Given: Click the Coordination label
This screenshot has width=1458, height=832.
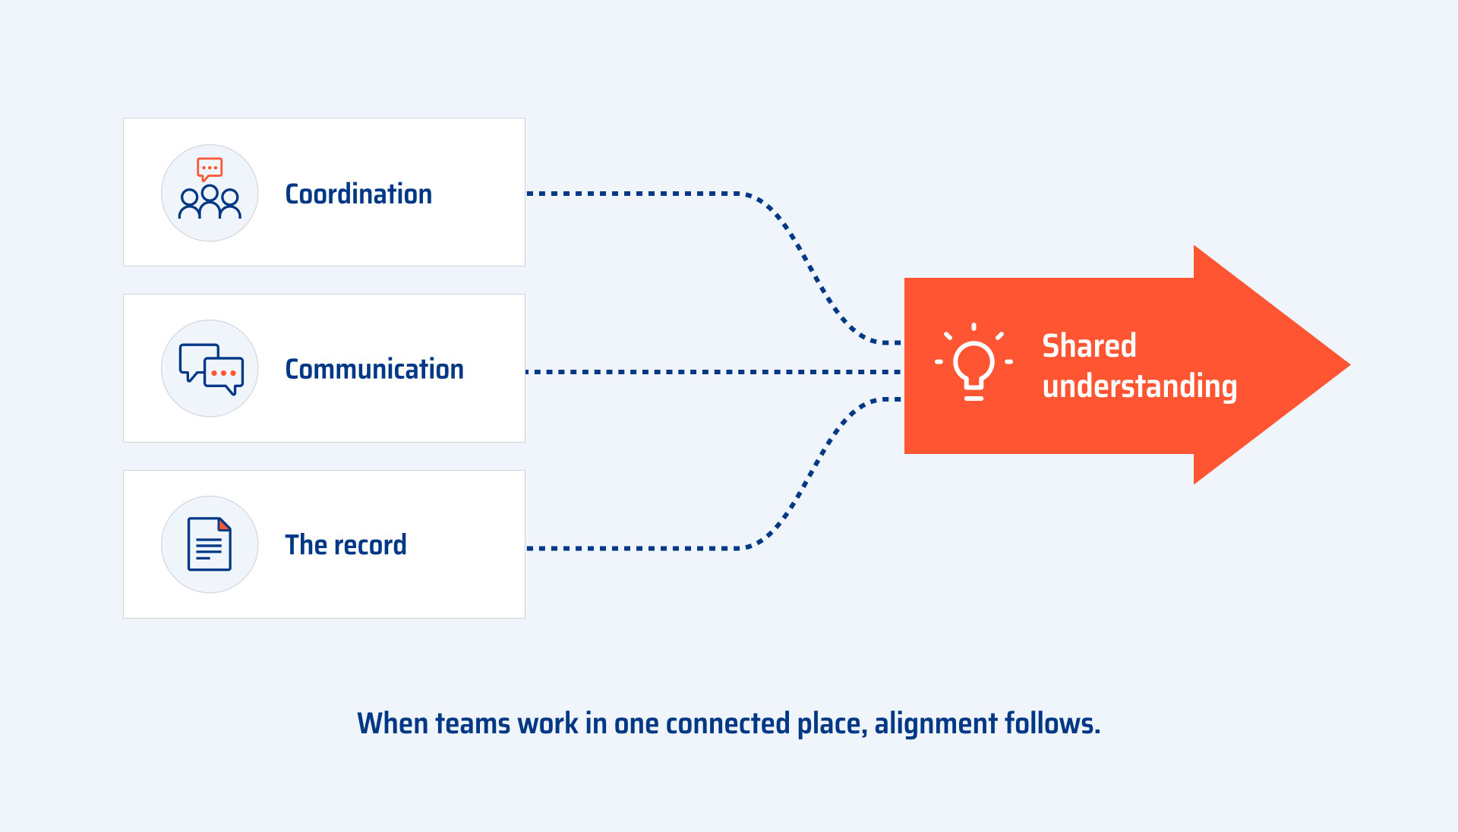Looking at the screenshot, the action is coord(358,194).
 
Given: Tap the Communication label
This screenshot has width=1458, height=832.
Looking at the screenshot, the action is coord(374,370).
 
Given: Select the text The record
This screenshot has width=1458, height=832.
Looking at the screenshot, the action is coord(346,545).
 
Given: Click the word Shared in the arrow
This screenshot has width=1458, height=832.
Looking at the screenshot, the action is coord(1089,346).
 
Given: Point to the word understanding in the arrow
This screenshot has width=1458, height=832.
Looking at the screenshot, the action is coord(1140,387).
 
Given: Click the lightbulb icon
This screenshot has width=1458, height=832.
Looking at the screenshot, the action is coord(974,362).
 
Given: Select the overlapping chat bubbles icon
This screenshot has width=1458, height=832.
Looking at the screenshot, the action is coord(211,369).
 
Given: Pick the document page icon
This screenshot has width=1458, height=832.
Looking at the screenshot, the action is coord(210,544).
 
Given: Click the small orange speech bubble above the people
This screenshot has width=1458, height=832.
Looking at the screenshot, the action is coord(210,169).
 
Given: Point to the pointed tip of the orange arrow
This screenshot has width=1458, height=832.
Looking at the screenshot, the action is coord(1349,365).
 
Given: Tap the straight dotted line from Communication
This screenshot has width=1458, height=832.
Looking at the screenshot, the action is coord(714,372).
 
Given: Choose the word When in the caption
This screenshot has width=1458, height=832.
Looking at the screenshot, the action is coord(394,723).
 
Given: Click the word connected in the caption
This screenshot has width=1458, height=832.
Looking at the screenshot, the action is coord(727,723).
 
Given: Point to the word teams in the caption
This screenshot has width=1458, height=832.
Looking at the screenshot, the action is coord(473,723).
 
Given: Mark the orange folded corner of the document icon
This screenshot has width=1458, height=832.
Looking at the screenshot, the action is coord(225,525).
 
